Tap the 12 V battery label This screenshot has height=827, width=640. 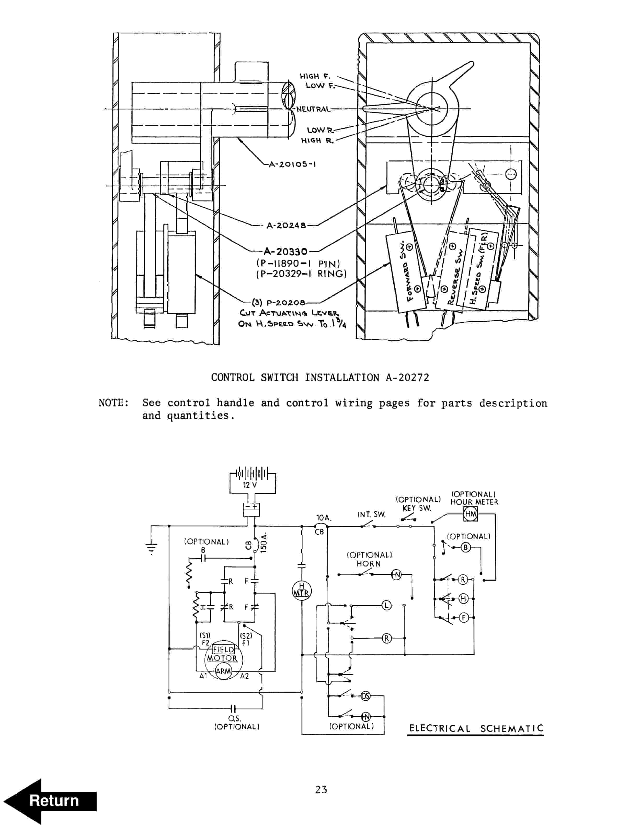pos(249,485)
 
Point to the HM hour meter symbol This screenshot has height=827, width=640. pos(471,514)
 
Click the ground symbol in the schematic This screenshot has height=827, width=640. pos(151,547)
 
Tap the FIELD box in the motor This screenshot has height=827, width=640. pos(223,649)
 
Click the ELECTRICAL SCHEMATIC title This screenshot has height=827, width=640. pos(476,728)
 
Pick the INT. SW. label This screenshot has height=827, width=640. pos(371,514)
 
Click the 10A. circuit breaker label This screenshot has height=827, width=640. pos(323,517)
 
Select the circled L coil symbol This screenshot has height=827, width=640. pos(386,605)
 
